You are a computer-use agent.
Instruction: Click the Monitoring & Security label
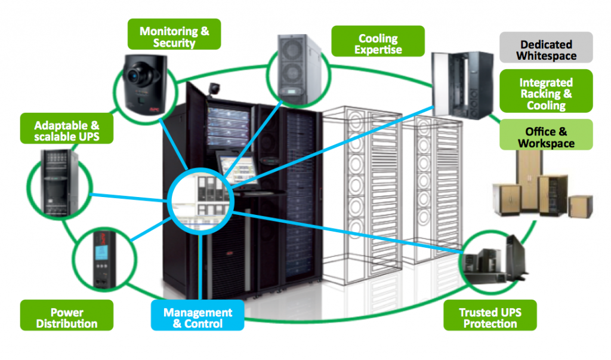tap(175, 36)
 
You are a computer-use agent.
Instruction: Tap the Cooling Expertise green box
tap(378, 43)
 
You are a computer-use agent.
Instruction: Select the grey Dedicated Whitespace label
tap(547, 50)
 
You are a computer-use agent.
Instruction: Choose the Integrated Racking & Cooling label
tap(545, 94)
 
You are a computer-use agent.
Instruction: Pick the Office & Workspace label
tap(546, 137)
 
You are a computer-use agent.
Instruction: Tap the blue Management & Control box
tap(197, 318)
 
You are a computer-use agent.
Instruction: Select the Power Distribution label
tap(66, 318)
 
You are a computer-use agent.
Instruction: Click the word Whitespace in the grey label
tap(547, 56)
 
